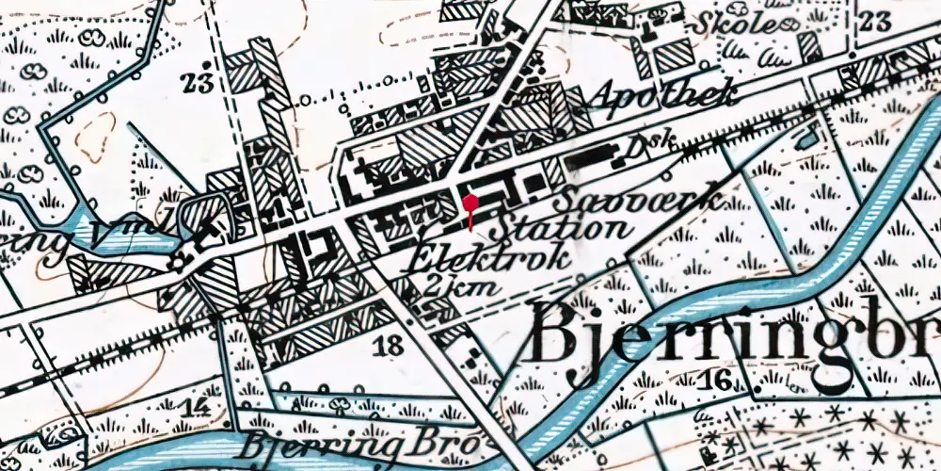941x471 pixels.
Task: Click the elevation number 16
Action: [717, 380]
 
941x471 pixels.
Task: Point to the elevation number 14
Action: [195, 407]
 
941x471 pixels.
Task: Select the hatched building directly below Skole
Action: [674, 57]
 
